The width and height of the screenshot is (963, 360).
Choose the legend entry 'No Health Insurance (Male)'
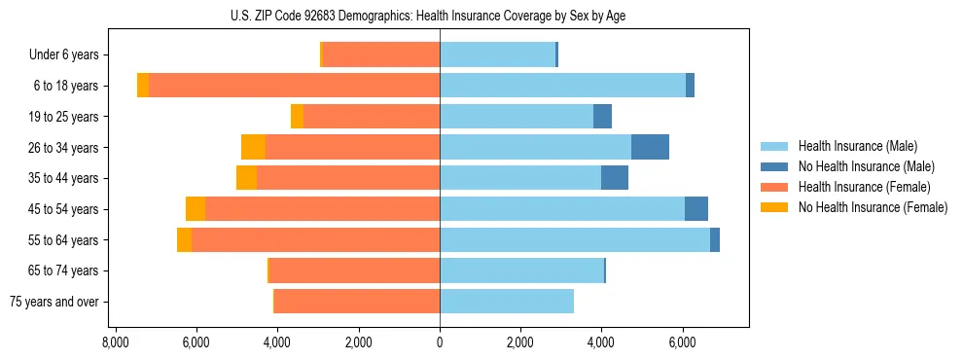point(860,167)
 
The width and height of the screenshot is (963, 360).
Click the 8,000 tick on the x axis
point(115,342)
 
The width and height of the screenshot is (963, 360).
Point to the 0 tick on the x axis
point(440,342)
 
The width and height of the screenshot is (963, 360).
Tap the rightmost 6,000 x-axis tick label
point(682,342)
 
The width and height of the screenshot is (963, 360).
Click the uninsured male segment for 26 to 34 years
point(650,147)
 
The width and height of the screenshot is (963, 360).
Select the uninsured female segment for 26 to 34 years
point(253,147)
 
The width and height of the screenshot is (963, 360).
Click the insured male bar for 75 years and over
point(507,302)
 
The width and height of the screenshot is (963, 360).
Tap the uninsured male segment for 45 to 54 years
point(696,209)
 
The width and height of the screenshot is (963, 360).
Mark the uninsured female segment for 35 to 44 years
point(246,178)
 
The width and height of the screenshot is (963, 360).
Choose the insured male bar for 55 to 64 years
point(574,240)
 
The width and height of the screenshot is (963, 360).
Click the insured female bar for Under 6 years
point(380,55)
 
